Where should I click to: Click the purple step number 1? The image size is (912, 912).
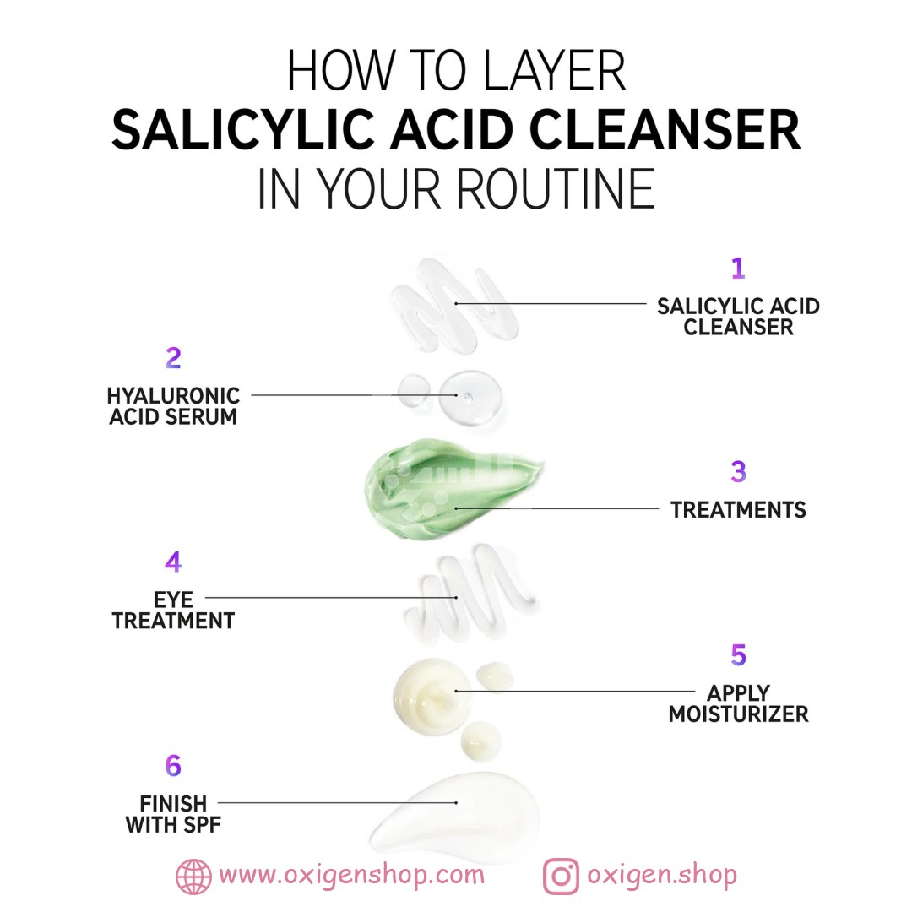click(x=738, y=269)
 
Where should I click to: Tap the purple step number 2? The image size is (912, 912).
click(x=173, y=358)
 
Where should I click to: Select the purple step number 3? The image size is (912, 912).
click(x=738, y=472)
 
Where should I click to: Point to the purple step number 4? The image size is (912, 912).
click(x=173, y=562)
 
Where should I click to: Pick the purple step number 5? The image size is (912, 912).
click(x=738, y=655)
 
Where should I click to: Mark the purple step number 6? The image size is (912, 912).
click(x=173, y=765)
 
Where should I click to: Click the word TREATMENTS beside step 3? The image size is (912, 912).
click(x=738, y=510)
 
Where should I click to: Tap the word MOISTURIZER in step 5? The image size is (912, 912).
click(x=738, y=714)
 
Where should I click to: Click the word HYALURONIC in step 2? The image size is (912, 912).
click(x=173, y=396)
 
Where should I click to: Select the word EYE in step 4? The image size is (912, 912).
click(x=173, y=600)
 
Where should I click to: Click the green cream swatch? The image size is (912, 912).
click(x=448, y=490)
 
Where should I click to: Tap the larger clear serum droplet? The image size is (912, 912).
click(x=470, y=399)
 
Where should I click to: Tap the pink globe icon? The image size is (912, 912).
click(x=193, y=877)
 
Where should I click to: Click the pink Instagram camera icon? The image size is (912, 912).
click(x=561, y=877)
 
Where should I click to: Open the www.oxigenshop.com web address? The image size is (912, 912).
click(x=352, y=876)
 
